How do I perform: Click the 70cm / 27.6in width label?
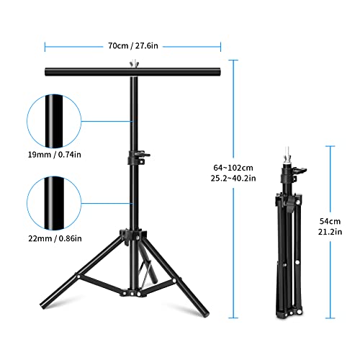(x=133, y=45)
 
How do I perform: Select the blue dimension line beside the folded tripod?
(x=330, y=230)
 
